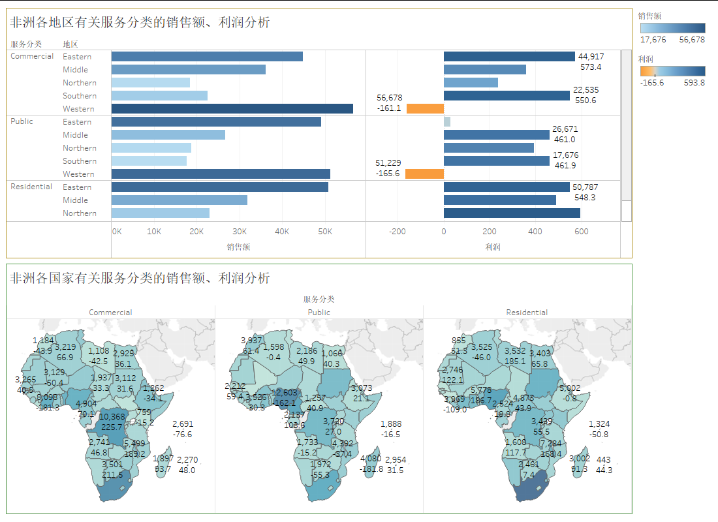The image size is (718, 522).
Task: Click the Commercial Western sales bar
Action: tap(232, 109)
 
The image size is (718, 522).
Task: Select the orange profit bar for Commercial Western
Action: tap(425, 109)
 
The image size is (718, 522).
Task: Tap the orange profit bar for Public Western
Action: tap(424, 174)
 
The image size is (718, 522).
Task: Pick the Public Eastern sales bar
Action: tap(216, 122)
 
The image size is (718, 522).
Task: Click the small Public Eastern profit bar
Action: tap(447, 122)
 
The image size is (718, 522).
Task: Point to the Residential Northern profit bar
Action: tap(512, 213)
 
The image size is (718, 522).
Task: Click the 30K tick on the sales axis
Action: tap(240, 232)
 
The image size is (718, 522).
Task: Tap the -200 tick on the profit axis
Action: tap(397, 232)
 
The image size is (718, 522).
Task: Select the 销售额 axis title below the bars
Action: tap(238, 247)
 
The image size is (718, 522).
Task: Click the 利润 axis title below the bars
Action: tap(493, 247)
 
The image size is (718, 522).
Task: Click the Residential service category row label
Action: tap(31, 187)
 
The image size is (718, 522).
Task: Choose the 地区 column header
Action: tap(70, 44)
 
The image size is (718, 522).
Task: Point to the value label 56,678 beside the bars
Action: tap(390, 98)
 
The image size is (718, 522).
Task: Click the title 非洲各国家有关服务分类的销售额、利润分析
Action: tap(140, 279)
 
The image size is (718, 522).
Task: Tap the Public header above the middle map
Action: tap(319, 313)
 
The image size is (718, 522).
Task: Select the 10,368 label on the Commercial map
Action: tap(112, 418)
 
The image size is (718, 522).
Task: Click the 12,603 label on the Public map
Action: tap(285, 392)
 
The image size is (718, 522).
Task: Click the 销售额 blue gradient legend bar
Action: tap(672, 28)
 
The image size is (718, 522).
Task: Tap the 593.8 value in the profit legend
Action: tap(693, 83)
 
